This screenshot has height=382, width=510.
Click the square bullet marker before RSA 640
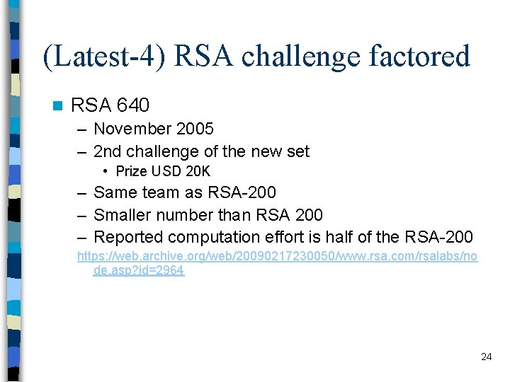(x=57, y=106)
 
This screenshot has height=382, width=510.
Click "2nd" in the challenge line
(x=107, y=151)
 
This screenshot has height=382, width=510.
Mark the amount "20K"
(x=198, y=171)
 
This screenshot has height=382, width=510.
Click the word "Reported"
(x=127, y=236)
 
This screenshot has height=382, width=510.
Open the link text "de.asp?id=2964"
(x=139, y=270)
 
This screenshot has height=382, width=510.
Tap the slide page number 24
(x=486, y=357)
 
